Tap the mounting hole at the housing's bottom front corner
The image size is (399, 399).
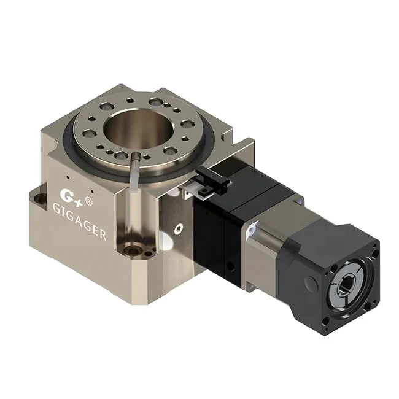click(134, 250)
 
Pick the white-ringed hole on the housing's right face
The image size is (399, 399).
click(178, 228)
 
